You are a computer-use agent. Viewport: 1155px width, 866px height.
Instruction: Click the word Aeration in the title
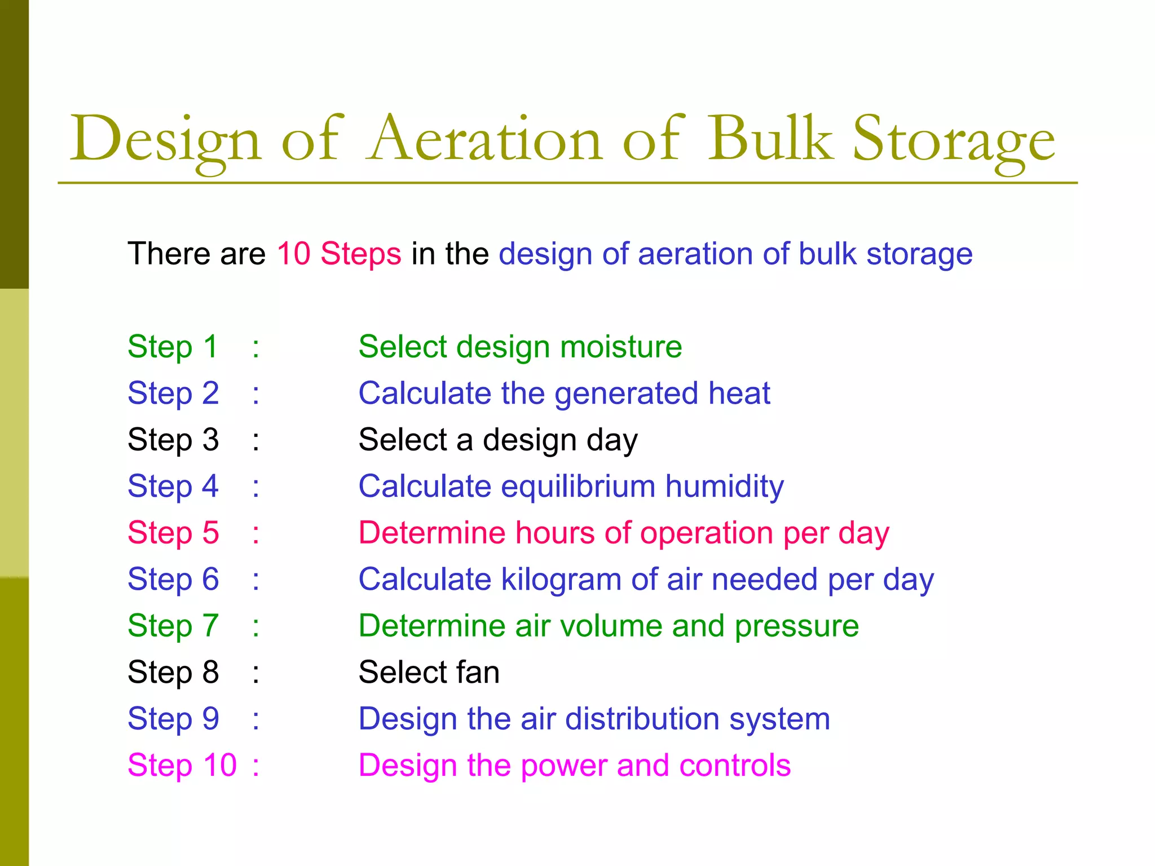[485, 139]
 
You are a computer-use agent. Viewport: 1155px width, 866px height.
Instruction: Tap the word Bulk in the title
[770, 139]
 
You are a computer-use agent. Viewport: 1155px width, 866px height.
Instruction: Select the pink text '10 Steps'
[339, 254]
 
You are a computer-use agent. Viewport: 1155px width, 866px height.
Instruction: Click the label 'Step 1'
[173, 346]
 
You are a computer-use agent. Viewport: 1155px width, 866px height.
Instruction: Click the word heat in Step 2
[739, 393]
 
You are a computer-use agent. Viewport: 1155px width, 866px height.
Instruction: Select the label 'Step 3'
[173, 440]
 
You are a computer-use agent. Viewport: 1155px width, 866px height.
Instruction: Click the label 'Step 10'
[182, 766]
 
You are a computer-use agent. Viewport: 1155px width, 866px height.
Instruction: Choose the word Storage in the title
[953, 139]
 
